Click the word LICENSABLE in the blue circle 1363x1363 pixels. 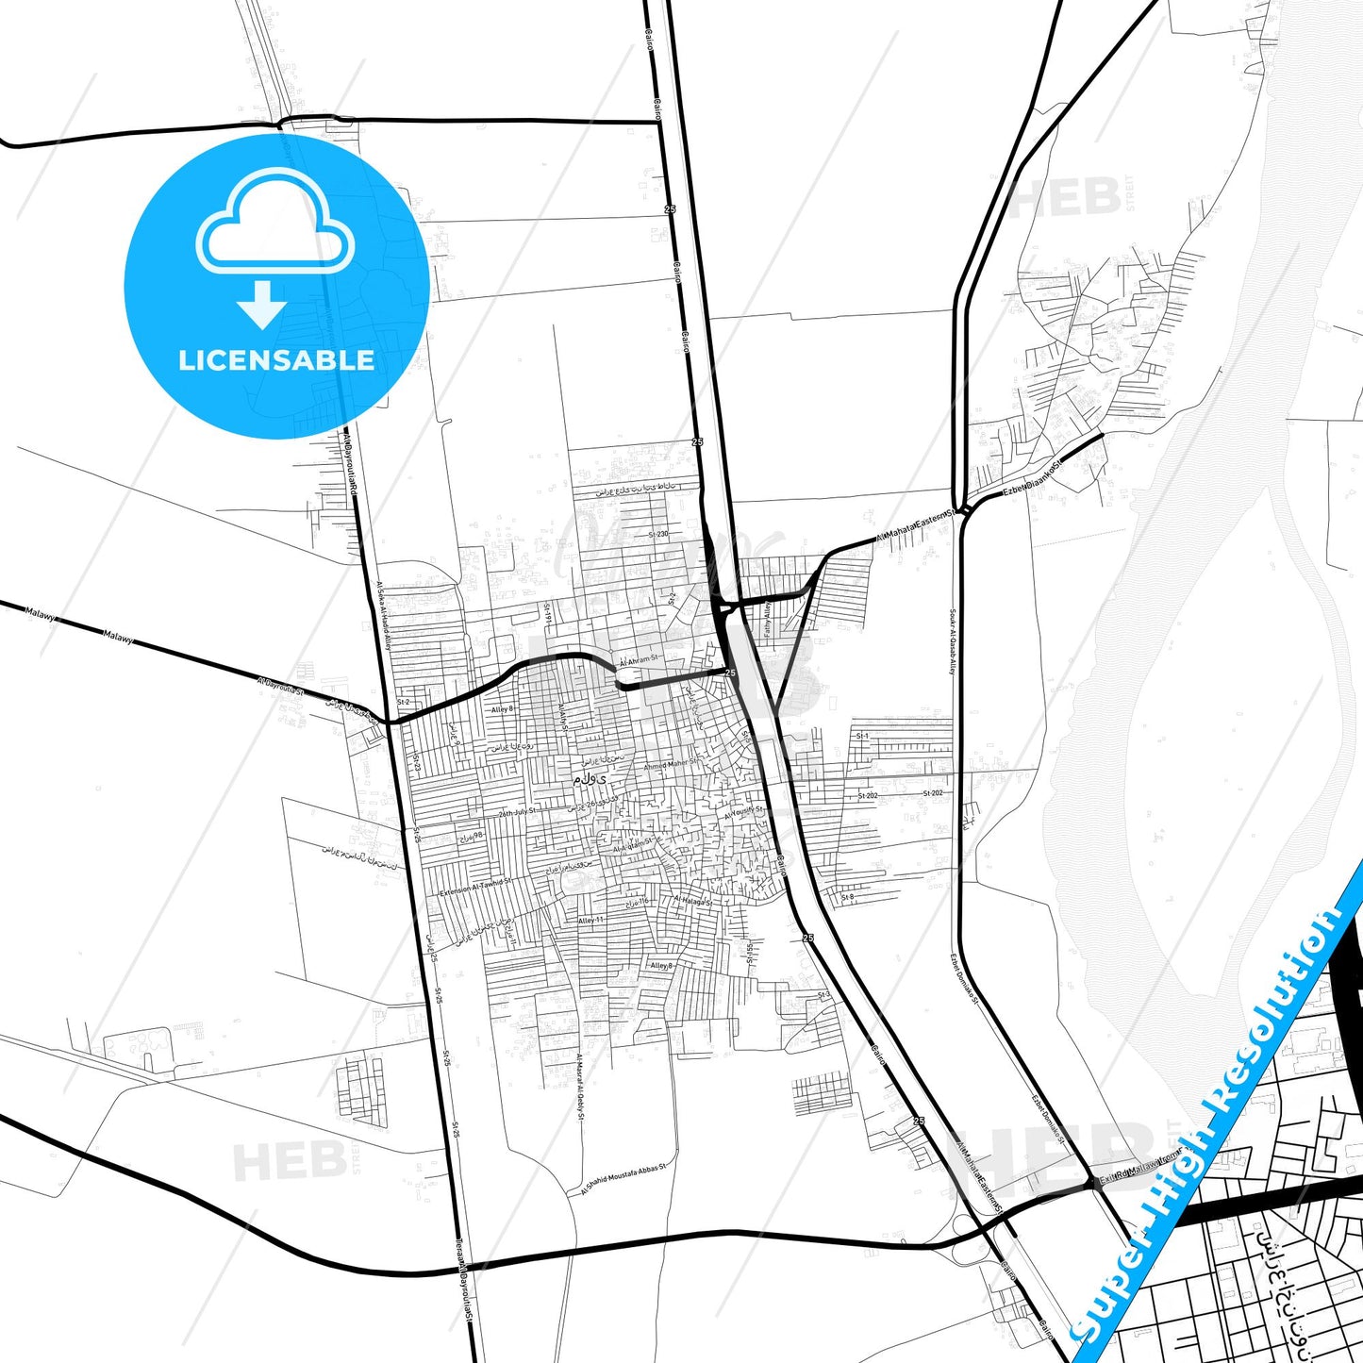click(276, 360)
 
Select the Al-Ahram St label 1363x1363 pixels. click(635, 658)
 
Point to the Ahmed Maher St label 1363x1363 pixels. click(671, 764)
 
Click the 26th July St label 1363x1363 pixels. click(517, 811)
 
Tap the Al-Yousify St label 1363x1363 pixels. click(744, 811)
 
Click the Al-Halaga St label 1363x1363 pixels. click(693, 901)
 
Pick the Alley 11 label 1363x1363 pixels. click(590, 920)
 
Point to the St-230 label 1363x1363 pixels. click(657, 534)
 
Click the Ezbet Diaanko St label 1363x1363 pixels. click(1033, 479)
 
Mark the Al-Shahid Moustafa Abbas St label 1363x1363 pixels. click(623, 1179)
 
